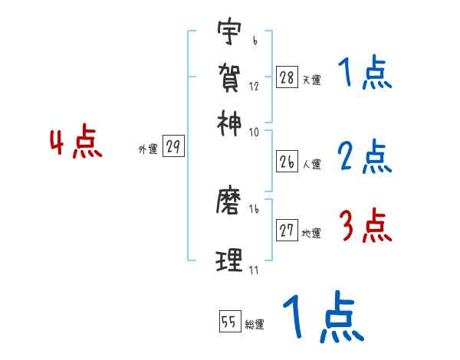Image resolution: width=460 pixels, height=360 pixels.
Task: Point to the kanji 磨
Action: (x=229, y=201)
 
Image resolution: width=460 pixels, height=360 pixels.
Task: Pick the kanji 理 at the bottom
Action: (x=229, y=260)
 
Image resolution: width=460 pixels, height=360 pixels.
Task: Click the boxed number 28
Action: (x=287, y=77)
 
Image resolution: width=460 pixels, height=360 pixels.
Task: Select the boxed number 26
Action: (x=287, y=162)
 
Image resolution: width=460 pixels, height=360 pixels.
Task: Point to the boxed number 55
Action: (x=229, y=322)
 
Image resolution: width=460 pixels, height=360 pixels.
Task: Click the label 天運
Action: (x=311, y=80)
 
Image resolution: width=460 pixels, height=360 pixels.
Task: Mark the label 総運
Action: (x=254, y=325)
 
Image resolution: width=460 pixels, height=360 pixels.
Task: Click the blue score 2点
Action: (x=365, y=158)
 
